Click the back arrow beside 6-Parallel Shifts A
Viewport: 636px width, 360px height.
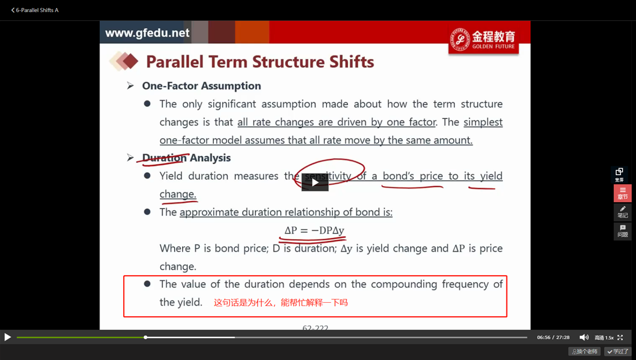pyautogui.click(x=13, y=10)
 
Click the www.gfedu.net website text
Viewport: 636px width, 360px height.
pyautogui.click(x=147, y=33)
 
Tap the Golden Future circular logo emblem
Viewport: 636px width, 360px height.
pyautogui.click(x=460, y=39)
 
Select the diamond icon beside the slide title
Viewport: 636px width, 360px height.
pyautogui.click(x=124, y=61)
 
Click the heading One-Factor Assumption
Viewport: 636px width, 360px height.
pyautogui.click(x=201, y=86)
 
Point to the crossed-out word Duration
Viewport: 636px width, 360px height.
pyautogui.click(x=164, y=158)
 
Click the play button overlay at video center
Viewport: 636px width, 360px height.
pyautogui.click(x=315, y=183)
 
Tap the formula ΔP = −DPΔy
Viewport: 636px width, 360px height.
pyautogui.click(x=315, y=230)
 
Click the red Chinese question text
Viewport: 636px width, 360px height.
pyautogui.click(x=280, y=302)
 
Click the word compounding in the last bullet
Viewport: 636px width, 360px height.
pyautogui.click(x=404, y=284)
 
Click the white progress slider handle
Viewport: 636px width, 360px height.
pyautogui.click(x=145, y=337)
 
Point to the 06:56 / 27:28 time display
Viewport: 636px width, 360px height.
pyautogui.click(x=553, y=337)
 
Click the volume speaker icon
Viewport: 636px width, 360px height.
pyautogui.click(x=584, y=337)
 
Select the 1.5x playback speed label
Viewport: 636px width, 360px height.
pyautogui.click(x=609, y=337)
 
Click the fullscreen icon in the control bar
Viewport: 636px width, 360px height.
pyautogui.click(x=620, y=337)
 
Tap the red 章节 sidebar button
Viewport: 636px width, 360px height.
pyautogui.click(x=623, y=193)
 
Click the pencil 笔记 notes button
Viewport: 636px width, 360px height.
pyautogui.click(x=623, y=212)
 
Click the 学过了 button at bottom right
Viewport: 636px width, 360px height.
pyautogui.click(x=617, y=351)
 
